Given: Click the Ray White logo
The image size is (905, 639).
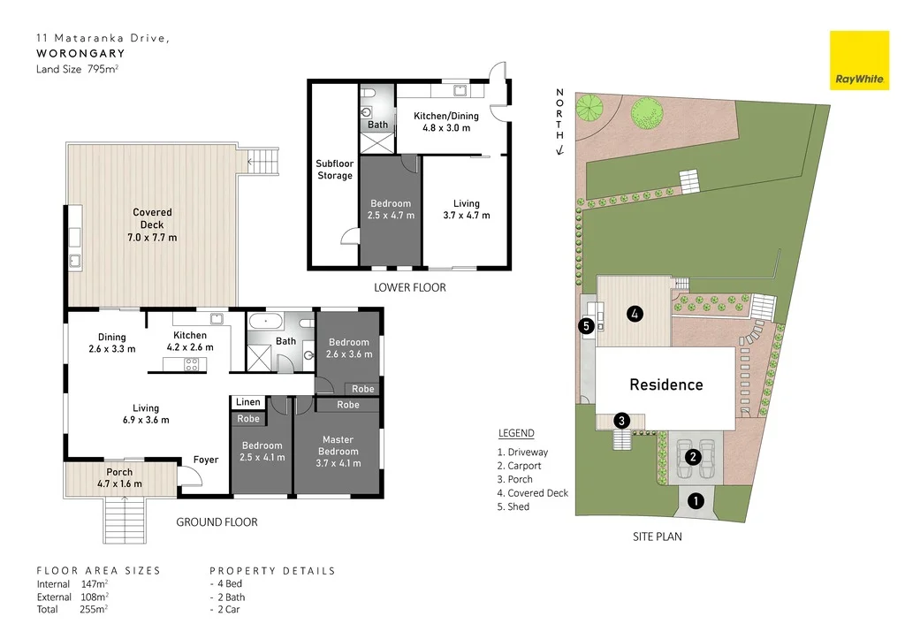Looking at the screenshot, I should (x=858, y=60).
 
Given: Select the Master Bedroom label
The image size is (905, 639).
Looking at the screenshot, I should (x=338, y=445).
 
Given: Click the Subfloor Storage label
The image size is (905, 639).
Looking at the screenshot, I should (x=334, y=170).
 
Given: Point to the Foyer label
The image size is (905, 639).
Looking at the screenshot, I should (x=206, y=460).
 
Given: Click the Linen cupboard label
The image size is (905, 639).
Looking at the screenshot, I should (x=248, y=403).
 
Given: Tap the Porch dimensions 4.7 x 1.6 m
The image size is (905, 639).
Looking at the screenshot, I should (x=119, y=483).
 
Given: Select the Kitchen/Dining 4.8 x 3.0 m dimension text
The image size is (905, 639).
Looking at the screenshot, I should (x=446, y=128).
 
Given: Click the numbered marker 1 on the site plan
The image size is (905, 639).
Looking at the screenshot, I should (x=696, y=502).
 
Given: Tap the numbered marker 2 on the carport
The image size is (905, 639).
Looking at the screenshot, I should (x=693, y=457).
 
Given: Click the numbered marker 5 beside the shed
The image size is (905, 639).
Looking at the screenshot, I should (x=586, y=325).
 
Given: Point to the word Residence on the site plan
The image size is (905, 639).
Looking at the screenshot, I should (x=666, y=384).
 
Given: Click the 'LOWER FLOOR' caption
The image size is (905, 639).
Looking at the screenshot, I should (x=409, y=287).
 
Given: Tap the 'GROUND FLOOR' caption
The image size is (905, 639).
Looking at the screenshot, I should (x=217, y=522).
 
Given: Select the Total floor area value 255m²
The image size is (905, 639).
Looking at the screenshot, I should (x=93, y=608).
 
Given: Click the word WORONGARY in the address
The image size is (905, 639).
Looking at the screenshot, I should (x=80, y=53).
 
